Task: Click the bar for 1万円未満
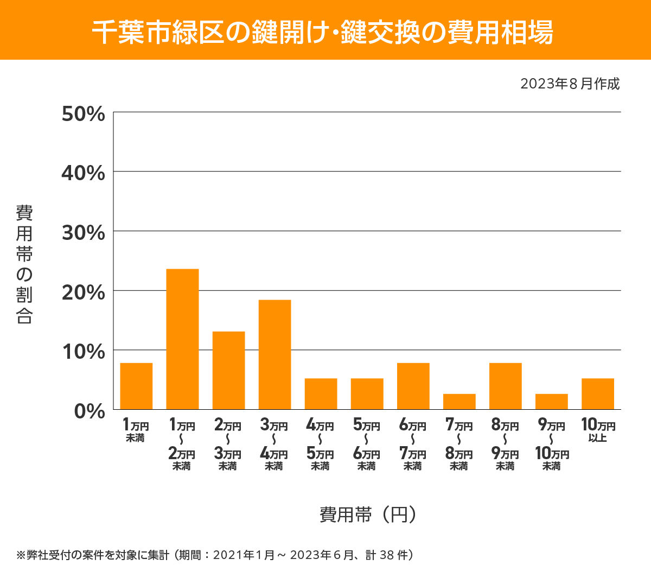(136, 386)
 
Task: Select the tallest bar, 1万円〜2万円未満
(182, 339)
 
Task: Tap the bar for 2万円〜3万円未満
(228, 370)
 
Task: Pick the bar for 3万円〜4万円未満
(275, 354)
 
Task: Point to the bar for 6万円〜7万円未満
(413, 386)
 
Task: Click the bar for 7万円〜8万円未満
(459, 402)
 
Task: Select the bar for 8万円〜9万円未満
(505, 386)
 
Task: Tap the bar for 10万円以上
(597, 393)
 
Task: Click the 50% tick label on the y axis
(84, 114)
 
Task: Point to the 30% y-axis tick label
(84, 233)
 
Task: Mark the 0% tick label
(90, 411)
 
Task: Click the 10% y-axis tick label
(84, 352)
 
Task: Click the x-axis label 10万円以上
(598, 430)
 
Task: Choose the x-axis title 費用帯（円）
(368, 514)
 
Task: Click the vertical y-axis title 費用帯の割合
(24, 264)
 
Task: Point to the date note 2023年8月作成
(570, 84)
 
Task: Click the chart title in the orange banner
(323, 33)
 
